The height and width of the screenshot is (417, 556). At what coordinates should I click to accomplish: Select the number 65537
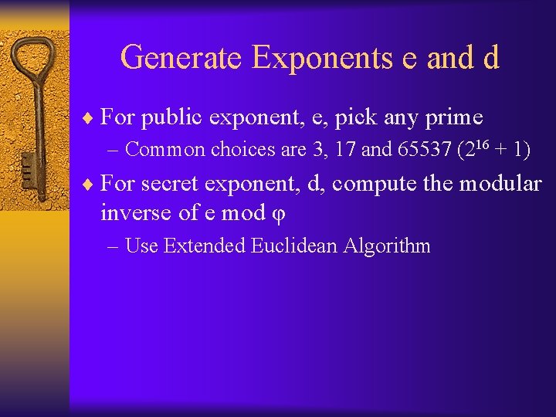pos(422,150)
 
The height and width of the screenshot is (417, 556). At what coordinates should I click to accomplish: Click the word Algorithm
pos(387,247)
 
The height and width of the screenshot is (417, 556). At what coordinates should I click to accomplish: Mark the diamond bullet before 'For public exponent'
pos(91,118)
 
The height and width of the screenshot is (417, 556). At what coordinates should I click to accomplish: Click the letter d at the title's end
pos(491,58)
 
